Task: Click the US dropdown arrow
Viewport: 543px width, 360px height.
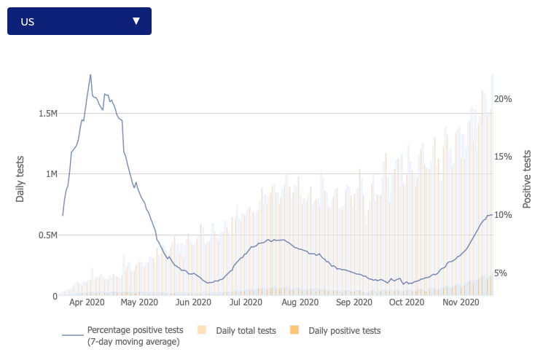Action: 136,21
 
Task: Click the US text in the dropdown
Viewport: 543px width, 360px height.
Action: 28,22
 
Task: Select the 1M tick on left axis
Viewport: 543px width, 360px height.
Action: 50,174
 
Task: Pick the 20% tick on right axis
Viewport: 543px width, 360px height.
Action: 504,98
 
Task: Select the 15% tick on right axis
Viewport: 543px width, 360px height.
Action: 504,157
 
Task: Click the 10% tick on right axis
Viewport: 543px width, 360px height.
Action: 504,215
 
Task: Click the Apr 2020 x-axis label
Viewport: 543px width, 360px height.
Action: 87,302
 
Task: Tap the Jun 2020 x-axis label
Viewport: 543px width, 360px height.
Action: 193,302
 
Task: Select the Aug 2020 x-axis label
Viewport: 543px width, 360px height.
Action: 300,302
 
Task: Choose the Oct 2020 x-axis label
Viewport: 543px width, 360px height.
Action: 406,302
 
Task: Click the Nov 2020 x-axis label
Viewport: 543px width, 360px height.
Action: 460,302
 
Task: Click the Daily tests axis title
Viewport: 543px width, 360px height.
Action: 20,179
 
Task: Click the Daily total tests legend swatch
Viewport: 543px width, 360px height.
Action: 202,331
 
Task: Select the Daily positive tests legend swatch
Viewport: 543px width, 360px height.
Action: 294,331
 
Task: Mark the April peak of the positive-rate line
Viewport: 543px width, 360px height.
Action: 90,74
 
